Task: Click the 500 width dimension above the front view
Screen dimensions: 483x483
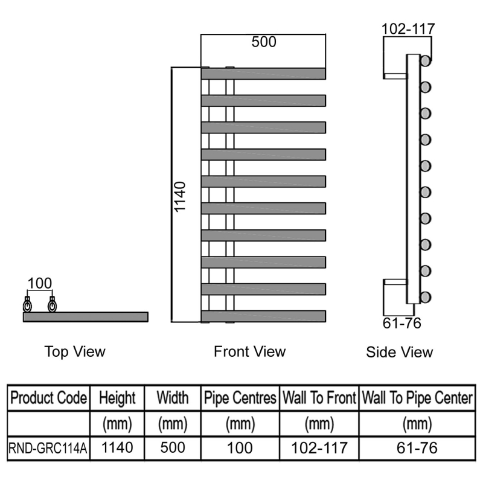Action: (x=264, y=42)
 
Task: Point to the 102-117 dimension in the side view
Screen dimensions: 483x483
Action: (x=408, y=28)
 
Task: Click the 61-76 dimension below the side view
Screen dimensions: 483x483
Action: (x=401, y=323)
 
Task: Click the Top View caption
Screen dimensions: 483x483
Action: (x=75, y=351)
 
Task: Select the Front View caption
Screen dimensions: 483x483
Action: (x=249, y=351)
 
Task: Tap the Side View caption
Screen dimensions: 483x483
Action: (x=399, y=352)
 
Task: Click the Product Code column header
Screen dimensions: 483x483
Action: (x=50, y=398)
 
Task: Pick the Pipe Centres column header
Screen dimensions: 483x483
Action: (x=240, y=398)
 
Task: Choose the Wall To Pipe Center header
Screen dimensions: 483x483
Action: (x=416, y=398)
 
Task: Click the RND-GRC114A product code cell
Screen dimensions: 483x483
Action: (x=49, y=449)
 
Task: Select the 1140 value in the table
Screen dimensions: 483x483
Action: (x=118, y=448)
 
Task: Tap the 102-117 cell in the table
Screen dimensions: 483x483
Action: (x=319, y=448)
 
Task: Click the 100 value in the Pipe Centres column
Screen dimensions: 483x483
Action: (x=240, y=448)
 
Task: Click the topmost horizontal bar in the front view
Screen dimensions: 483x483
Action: (x=263, y=73)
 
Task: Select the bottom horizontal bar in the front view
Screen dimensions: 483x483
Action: (x=263, y=316)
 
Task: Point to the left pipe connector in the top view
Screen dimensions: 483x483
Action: (x=27, y=305)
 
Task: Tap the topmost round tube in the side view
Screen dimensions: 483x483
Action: (x=426, y=61)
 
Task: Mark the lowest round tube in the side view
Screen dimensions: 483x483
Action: (x=426, y=297)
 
